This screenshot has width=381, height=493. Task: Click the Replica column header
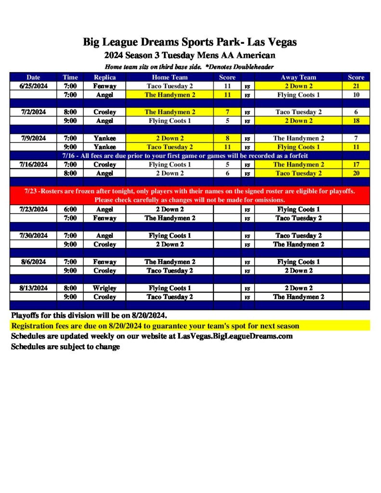point(105,77)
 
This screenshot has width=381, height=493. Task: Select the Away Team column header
point(298,77)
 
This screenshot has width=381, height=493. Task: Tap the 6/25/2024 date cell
point(33,86)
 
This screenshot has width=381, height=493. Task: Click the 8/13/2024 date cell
point(33,288)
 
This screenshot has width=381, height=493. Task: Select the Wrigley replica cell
point(105,288)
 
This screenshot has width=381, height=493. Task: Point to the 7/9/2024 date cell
point(33,138)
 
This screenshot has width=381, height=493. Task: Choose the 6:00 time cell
point(70,209)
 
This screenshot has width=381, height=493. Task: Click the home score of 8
point(227,138)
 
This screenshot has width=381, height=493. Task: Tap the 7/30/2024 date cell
point(33,236)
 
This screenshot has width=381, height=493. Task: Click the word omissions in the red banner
point(268,200)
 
